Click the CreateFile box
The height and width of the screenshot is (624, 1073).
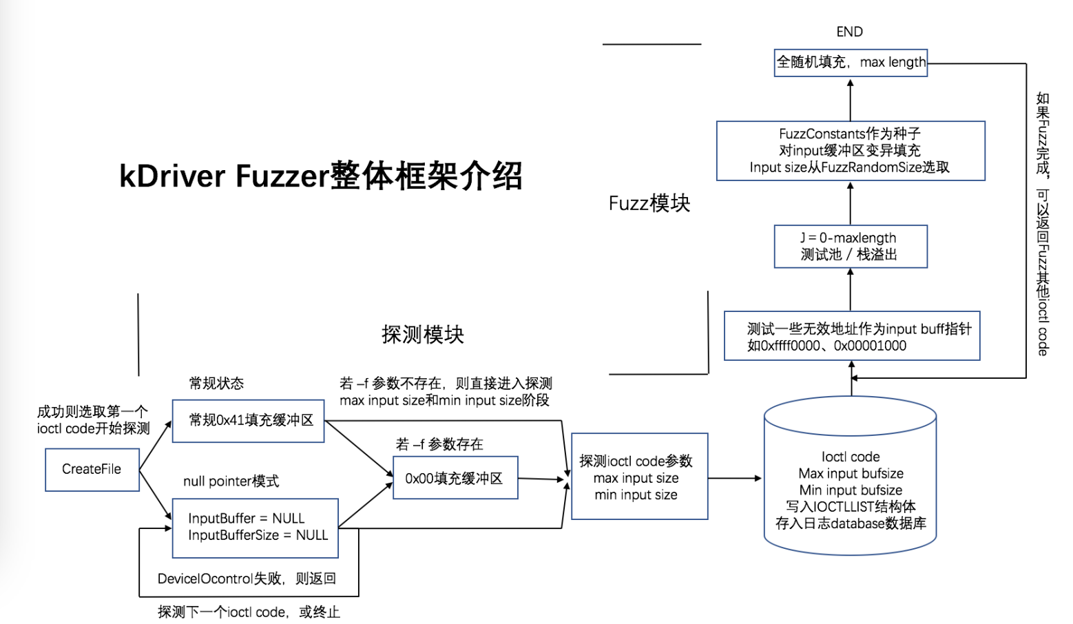(92, 470)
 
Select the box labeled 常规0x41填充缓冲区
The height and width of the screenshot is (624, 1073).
(248, 421)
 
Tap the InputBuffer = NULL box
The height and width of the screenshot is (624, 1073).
(255, 528)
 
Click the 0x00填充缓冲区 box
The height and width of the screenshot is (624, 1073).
(455, 478)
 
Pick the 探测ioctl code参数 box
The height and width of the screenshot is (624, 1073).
(639, 477)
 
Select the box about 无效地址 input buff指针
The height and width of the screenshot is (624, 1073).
(852, 336)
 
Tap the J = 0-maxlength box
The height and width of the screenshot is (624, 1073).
(851, 247)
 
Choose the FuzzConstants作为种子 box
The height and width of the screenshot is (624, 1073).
(851, 151)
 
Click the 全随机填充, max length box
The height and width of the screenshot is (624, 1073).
(851, 63)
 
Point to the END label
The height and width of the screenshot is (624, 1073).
(849, 32)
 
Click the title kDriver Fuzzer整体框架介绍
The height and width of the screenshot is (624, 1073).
(321, 176)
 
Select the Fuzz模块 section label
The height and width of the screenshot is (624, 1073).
(649, 203)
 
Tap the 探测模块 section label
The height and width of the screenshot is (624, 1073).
(423, 335)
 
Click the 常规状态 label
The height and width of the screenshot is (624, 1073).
(216, 384)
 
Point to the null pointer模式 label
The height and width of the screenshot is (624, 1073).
(231, 481)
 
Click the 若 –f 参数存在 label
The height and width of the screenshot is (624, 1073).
(439, 444)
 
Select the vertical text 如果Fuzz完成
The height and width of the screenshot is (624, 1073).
(1043, 224)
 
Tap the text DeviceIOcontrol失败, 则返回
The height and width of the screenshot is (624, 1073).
(247, 579)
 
